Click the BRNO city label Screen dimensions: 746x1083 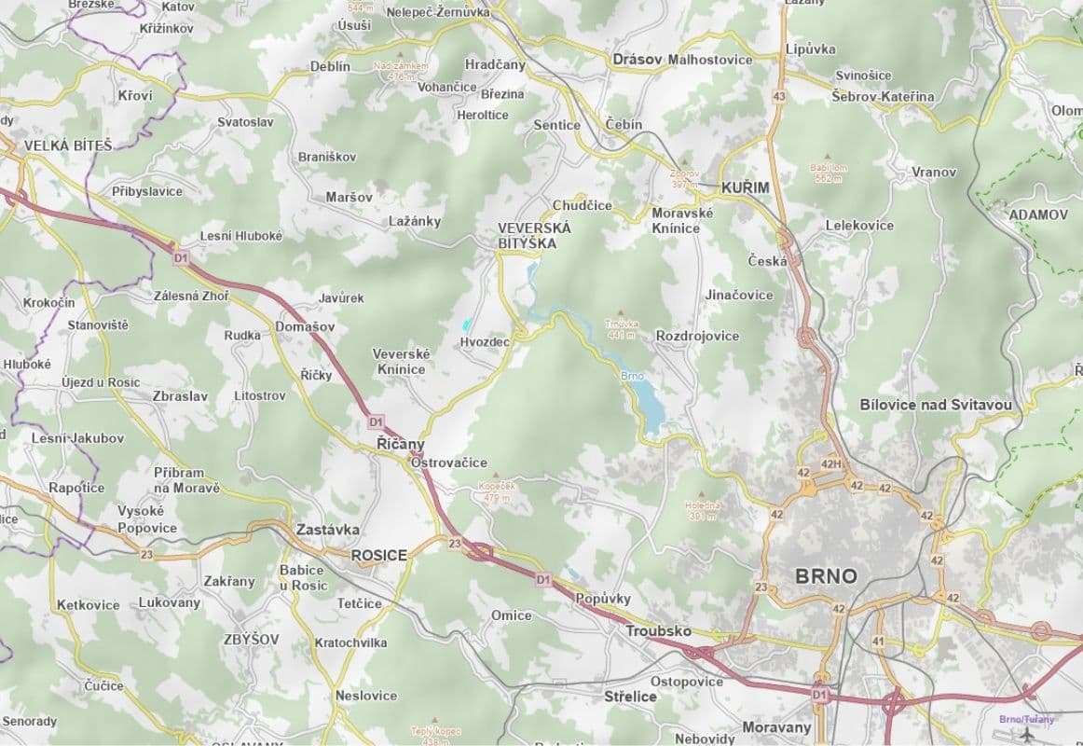pos(826,575)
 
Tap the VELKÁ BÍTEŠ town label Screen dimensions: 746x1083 pos(67,145)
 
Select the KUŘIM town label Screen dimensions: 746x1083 pos(746,187)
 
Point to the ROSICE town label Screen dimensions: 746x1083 pos(378,555)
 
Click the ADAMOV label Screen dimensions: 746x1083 pos(1037,214)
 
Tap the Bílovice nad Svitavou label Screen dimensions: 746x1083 pos(935,405)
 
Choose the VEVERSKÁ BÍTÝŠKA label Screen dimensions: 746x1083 pos(528,235)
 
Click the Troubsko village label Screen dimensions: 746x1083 pos(658,630)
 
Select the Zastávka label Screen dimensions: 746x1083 pos(327,530)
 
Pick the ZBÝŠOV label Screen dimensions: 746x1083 pos(251,640)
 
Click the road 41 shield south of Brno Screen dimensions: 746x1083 pos(878,642)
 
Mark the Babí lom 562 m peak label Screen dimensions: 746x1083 pos(829,173)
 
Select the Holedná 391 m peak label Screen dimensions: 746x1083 pos(704,510)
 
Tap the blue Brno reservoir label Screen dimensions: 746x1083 pos(632,376)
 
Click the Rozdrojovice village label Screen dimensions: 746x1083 pos(697,336)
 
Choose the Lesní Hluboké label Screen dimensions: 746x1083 pos(240,236)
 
